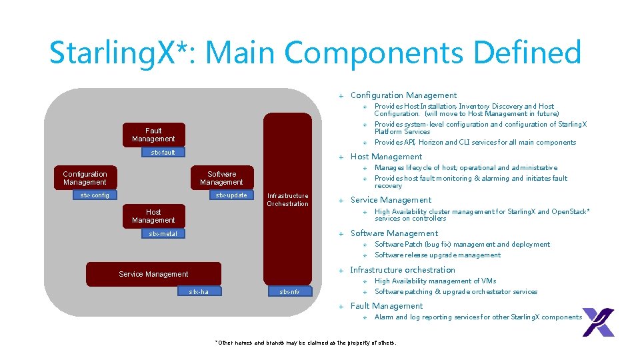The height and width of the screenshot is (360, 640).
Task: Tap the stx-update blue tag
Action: [231, 195]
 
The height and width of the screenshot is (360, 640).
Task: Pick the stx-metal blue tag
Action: [163, 234]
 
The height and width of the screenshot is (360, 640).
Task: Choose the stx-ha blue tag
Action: [199, 291]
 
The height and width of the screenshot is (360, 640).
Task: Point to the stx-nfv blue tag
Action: [289, 291]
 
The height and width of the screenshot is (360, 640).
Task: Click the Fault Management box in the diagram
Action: [153, 135]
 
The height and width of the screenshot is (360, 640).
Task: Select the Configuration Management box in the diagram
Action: [85, 178]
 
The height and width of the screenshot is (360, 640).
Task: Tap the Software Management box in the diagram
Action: [221, 178]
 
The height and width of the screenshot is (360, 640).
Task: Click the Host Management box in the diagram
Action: [153, 216]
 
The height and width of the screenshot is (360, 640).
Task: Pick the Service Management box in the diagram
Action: [153, 274]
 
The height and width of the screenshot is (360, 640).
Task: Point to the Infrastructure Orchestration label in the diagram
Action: [287, 200]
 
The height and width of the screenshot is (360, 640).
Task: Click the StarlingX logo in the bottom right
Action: [598, 322]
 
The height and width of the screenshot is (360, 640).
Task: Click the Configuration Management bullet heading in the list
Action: [403, 95]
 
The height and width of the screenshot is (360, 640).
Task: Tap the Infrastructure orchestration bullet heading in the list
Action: [403, 270]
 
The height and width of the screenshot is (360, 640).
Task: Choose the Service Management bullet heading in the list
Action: [391, 200]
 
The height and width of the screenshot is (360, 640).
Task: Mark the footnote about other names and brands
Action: [305, 343]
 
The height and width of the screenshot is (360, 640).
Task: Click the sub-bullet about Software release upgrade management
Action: [437, 255]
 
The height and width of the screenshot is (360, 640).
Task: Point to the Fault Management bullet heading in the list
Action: [387, 306]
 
